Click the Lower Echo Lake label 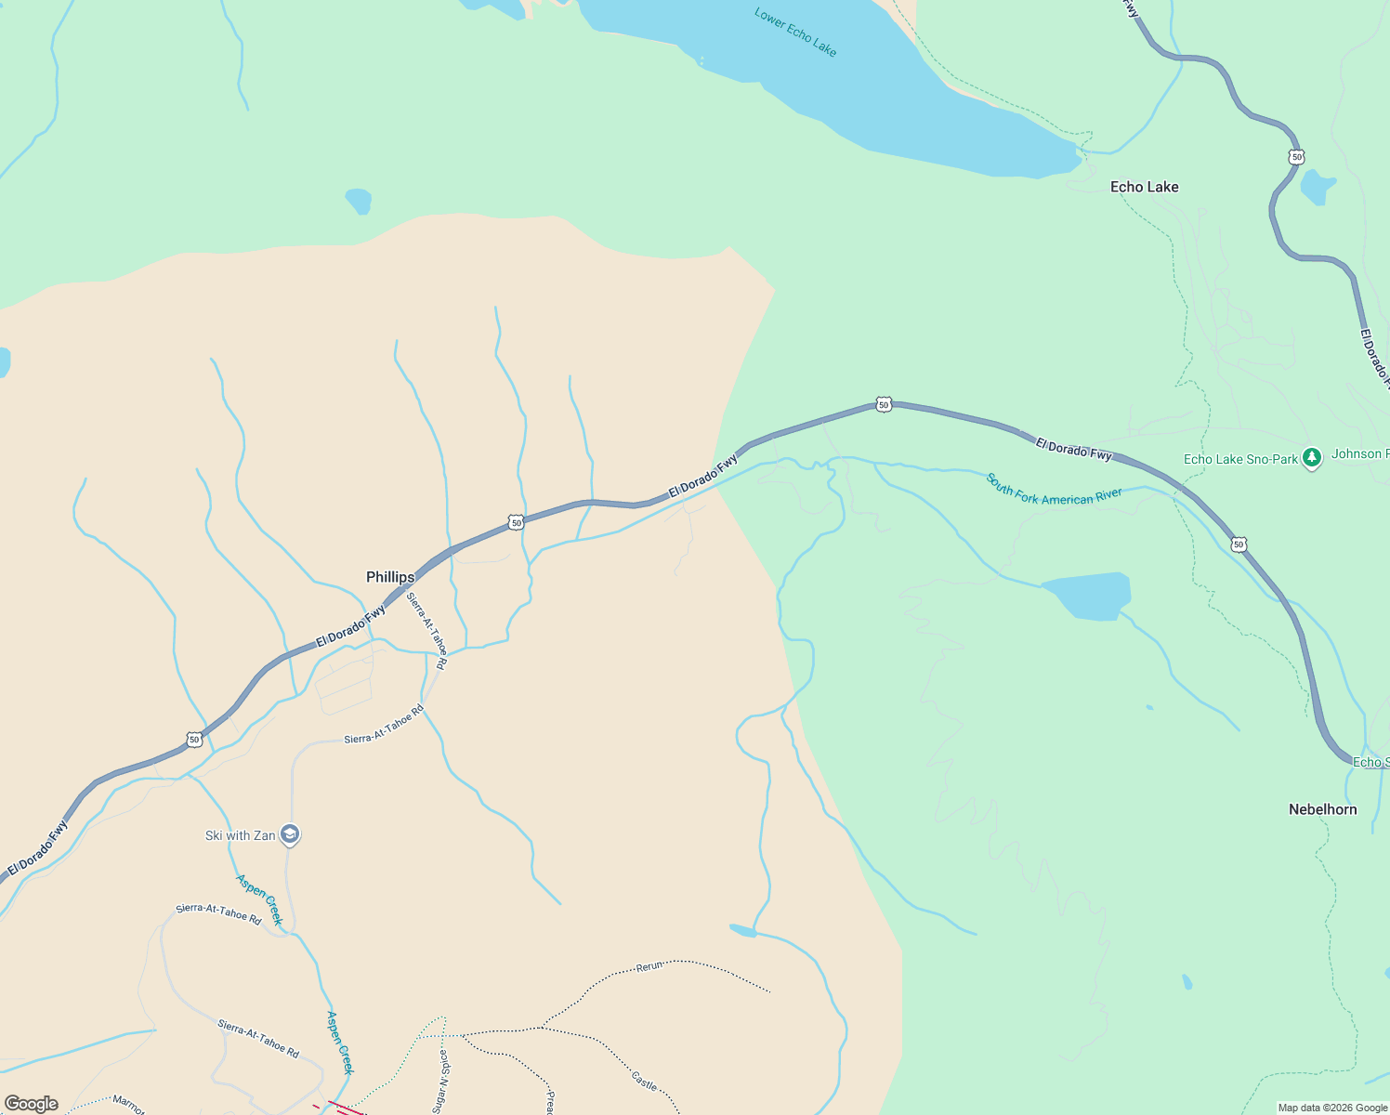[x=795, y=33]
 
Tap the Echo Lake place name [x=1144, y=187]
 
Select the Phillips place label [x=390, y=577]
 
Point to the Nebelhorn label [x=1322, y=809]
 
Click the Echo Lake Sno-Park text [x=1240, y=459]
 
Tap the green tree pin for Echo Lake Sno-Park [x=1311, y=457]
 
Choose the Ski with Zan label [x=240, y=835]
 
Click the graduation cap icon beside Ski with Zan [x=290, y=835]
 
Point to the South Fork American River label [x=1054, y=490]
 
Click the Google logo [x=32, y=1103]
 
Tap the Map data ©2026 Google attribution [x=1332, y=1108]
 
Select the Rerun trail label [x=649, y=966]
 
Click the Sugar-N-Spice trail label [x=443, y=1081]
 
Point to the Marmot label [x=128, y=1104]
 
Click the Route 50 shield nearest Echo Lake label [x=1296, y=157]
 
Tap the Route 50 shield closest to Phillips [x=516, y=523]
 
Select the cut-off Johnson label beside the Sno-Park [x=1359, y=453]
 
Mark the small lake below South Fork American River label [x=1087, y=596]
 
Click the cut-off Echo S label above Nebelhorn [x=1370, y=762]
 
